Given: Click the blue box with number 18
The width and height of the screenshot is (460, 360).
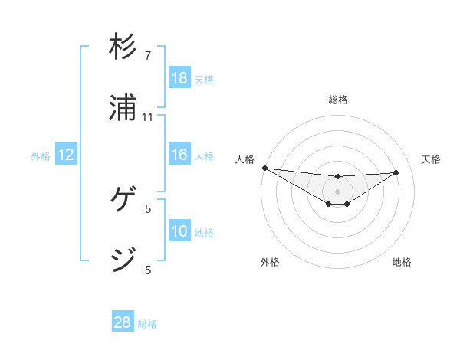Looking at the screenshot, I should tap(179, 78).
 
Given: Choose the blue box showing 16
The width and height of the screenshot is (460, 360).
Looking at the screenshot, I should tap(179, 155).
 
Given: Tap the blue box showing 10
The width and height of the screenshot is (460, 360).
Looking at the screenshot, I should tap(179, 231).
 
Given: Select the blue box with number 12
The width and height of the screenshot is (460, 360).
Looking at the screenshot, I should tap(66, 155).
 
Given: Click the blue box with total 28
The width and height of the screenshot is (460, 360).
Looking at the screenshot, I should tap(123, 323).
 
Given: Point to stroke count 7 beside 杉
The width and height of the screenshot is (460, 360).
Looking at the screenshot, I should tap(148, 56).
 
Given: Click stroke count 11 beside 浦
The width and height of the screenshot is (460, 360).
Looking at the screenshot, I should tap(148, 117).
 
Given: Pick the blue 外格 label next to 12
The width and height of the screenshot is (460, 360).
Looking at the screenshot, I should tap(41, 156).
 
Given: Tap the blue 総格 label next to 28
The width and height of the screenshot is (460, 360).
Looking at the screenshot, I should tap(147, 324).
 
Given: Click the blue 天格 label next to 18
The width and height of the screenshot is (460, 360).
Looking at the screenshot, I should tap(204, 80).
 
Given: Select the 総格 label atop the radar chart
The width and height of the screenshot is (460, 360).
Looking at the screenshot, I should tap(338, 100).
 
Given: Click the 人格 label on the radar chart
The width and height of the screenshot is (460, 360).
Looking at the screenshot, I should tap(245, 159).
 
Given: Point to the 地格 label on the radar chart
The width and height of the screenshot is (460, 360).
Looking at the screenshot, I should tap(402, 262).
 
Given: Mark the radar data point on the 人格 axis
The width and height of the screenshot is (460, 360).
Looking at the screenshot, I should tap(264, 168).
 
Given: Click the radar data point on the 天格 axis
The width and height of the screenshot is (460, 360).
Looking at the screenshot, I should tap(396, 172).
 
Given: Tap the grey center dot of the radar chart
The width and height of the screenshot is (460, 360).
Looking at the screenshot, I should tap(337, 191).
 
